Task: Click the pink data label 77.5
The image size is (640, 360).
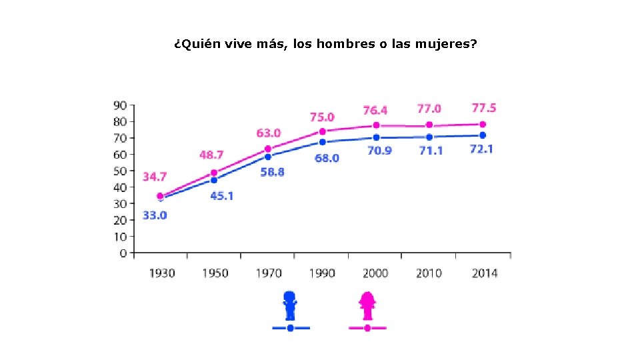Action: (x=484, y=108)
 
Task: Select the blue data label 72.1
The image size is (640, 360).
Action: (x=481, y=149)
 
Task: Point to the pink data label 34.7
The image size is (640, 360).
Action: (x=155, y=177)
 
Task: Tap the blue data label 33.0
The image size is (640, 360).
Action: (x=155, y=215)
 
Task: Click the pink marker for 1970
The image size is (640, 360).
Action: (x=268, y=149)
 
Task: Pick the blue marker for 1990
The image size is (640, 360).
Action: (x=323, y=142)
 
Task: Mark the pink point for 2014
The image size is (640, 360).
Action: (x=483, y=125)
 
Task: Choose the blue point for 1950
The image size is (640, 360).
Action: (x=214, y=180)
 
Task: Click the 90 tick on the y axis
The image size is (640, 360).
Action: (x=120, y=105)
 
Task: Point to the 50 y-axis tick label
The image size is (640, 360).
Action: (x=120, y=171)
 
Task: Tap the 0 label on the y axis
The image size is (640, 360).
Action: (x=123, y=253)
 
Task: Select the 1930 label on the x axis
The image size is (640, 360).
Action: (x=161, y=273)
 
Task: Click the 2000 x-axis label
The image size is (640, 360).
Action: (x=375, y=273)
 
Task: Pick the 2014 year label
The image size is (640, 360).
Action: (x=484, y=273)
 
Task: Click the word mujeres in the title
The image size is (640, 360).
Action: (x=449, y=45)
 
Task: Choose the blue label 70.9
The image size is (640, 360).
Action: (x=379, y=151)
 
